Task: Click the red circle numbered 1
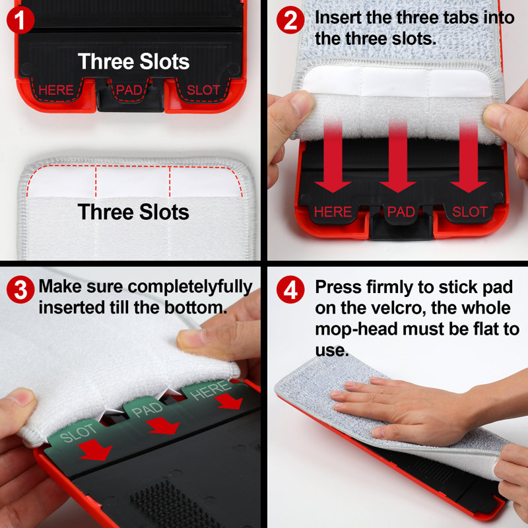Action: pyautogui.click(x=20, y=20)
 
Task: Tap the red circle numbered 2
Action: pyautogui.click(x=290, y=20)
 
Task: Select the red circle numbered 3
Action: pyautogui.click(x=20, y=290)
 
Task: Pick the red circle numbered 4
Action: pyautogui.click(x=290, y=290)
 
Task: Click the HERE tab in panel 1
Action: pyautogui.click(x=56, y=90)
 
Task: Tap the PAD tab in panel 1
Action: pyautogui.click(x=129, y=90)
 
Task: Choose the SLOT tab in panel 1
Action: pyautogui.click(x=203, y=90)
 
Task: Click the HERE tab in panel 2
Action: pyautogui.click(x=333, y=212)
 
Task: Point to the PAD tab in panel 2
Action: pyautogui.click(x=401, y=213)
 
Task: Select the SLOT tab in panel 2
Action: pyautogui.click(x=469, y=212)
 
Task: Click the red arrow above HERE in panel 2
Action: pyautogui.click(x=333, y=156)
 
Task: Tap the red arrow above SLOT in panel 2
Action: pyautogui.click(x=469, y=156)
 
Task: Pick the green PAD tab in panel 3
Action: pyautogui.click(x=147, y=409)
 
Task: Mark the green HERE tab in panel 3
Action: pyautogui.click(x=211, y=390)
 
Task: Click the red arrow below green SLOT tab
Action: pyautogui.click(x=95, y=449)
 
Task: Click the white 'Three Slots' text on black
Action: pyautogui.click(x=134, y=61)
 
